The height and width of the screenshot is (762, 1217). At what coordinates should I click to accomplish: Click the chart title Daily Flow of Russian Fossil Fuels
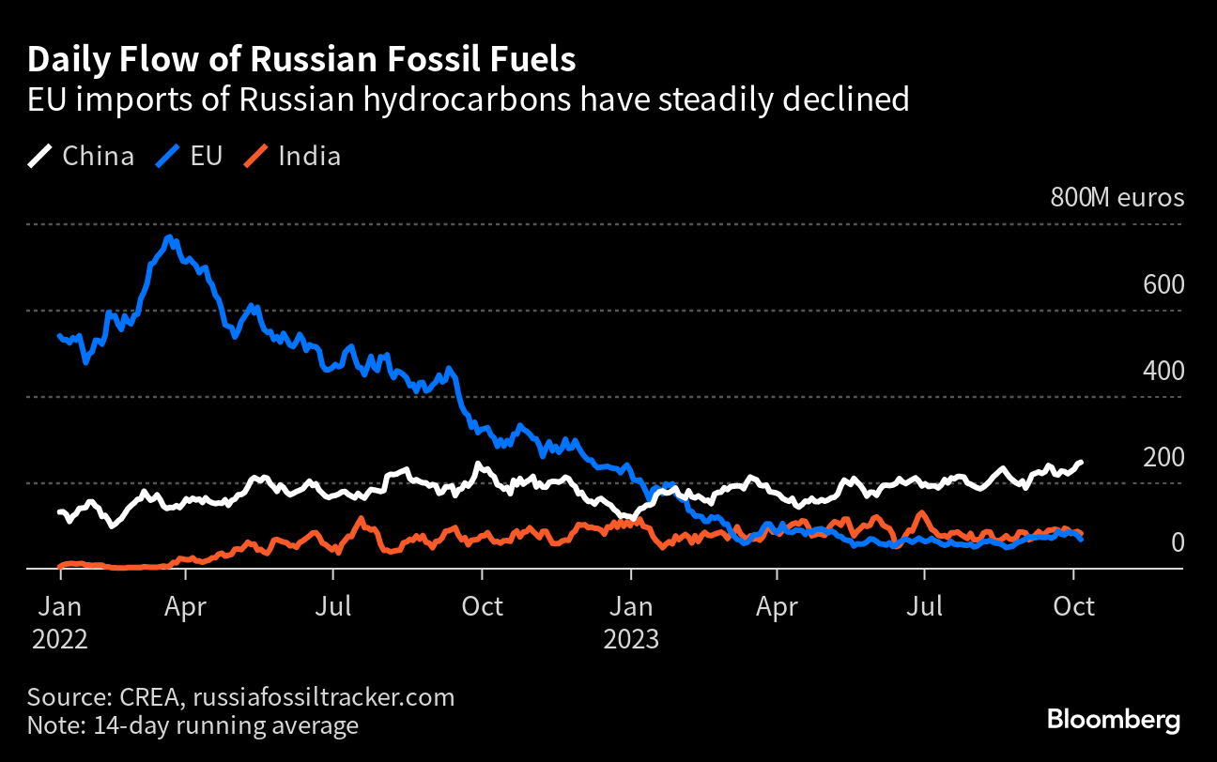point(301,60)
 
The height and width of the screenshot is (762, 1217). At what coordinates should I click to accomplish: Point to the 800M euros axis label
point(1117,198)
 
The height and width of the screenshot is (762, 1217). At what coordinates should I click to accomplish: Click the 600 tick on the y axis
point(1163,284)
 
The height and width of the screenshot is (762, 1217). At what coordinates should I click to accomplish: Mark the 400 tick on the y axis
point(1163,371)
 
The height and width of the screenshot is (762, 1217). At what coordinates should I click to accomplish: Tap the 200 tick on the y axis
point(1163,457)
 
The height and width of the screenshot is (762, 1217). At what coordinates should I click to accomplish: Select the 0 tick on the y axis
point(1176,543)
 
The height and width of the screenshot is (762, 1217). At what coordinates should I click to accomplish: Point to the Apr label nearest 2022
point(184,606)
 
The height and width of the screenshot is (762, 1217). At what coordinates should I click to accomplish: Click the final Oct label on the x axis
point(1072,606)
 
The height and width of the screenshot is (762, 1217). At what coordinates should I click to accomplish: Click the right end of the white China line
point(1081,462)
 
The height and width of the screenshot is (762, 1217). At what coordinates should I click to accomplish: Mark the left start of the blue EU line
point(60,335)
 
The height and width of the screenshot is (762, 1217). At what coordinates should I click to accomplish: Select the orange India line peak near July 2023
point(923,513)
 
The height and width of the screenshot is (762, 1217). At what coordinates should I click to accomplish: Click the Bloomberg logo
point(1114,720)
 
